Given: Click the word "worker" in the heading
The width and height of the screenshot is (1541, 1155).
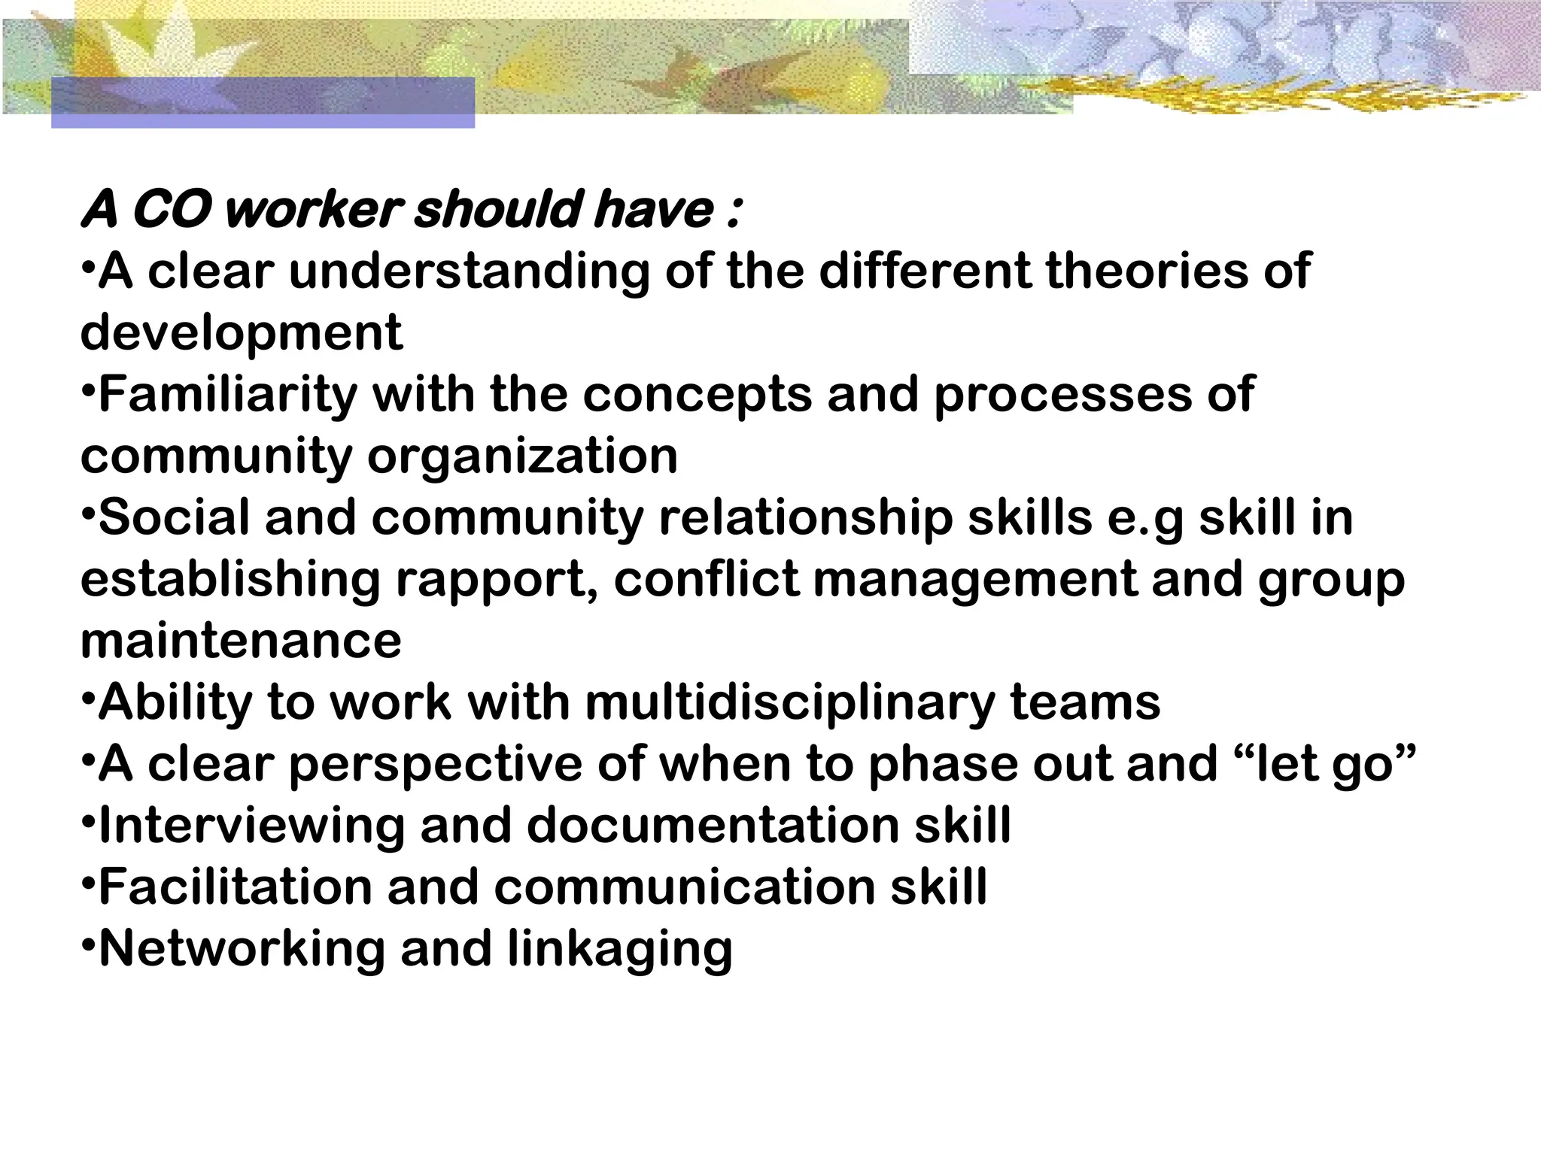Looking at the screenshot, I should click(309, 210).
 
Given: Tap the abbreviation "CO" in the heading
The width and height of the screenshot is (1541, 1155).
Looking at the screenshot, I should click(170, 210).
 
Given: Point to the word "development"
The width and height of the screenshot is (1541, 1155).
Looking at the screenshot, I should click(242, 332).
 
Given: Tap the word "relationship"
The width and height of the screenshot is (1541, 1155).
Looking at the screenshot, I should click(806, 518).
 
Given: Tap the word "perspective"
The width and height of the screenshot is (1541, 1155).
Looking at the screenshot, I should click(436, 764).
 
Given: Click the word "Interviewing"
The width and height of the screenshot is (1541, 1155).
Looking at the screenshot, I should click(251, 825).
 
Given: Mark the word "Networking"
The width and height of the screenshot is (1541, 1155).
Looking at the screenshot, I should click(242, 948).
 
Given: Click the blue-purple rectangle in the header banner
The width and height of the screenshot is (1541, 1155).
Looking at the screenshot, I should click(263, 102).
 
